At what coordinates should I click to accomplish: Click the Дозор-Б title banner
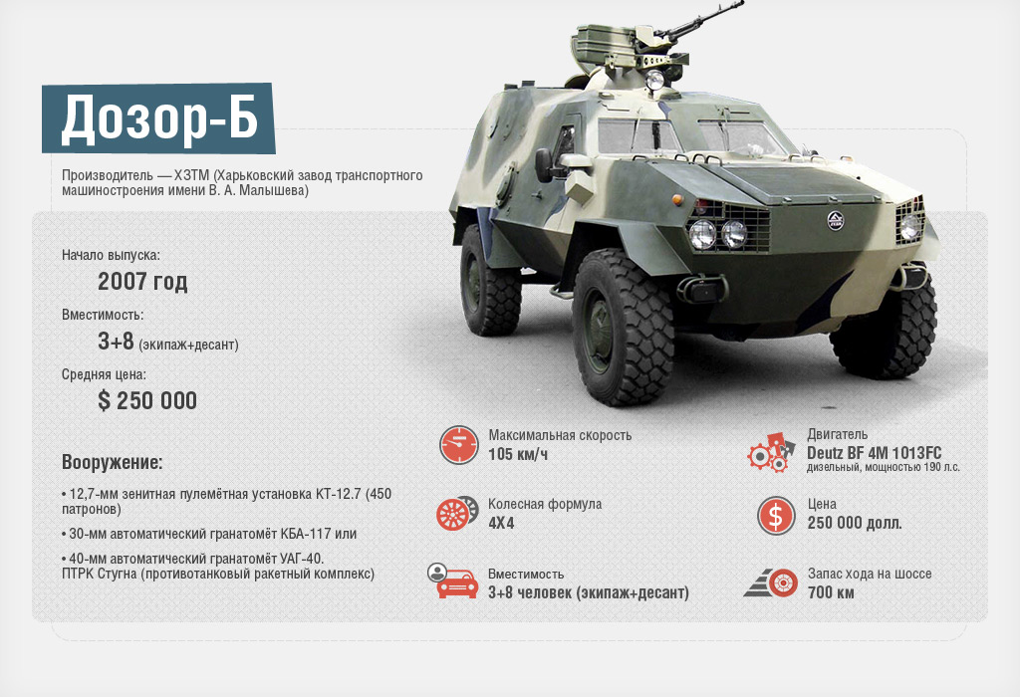pyautogui.click(x=158, y=118)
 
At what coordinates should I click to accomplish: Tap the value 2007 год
pyautogui.click(x=142, y=282)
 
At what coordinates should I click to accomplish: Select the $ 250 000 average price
pyautogui.click(x=147, y=400)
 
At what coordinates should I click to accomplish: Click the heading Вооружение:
pyautogui.click(x=112, y=462)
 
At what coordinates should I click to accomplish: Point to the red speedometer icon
pyautogui.click(x=458, y=445)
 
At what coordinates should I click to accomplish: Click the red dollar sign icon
pyautogui.click(x=776, y=516)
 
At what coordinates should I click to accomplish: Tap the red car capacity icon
pyautogui.click(x=453, y=581)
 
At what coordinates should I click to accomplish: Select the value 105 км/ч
pyautogui.click(x=518, y=454)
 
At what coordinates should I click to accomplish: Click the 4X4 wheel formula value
pyautogui.click(x=501, y=523)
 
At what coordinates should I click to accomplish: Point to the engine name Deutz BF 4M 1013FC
pyautogui.click(x=874, y=453)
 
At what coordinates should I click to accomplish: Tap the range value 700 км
pyautogui.click(x=831, y=592)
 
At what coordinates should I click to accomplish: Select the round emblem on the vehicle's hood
pyautogui.click(x=836, y=221)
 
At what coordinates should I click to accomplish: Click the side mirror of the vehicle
pyautogui.click(x=544, y=165)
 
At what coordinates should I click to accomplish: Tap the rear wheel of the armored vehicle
pyautogui.click(x=490, y=281)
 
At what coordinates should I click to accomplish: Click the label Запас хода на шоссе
pyautogui.click(x=870, y=575)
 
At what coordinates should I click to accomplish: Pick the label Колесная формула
pyautogui.click(x=545, y=505)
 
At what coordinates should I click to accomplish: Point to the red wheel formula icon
pyautogui.click(x=458, y=513)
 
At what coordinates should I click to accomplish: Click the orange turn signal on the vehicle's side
pyautogui.click(x=677, y=198)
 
